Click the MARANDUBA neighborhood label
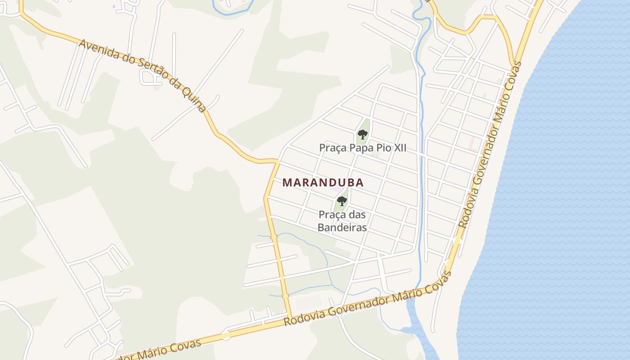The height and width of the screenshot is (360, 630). pyautogui.click(x=323, y=183)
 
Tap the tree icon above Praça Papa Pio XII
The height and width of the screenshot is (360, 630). pyautogui.click(x=362, y=134)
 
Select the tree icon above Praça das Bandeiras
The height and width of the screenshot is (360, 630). pyautogui.click(x=342, y=201)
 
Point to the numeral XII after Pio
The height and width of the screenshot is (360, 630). pyautogui.click(x=399, y=148)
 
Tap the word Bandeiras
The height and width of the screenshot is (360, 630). pyautogui.click(x=342, y=228)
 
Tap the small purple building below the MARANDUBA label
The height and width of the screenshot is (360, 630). pyautogui.click(x=335, y=189)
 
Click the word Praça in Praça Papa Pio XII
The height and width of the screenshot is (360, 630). pyautogui.click(x=333, y=148)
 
